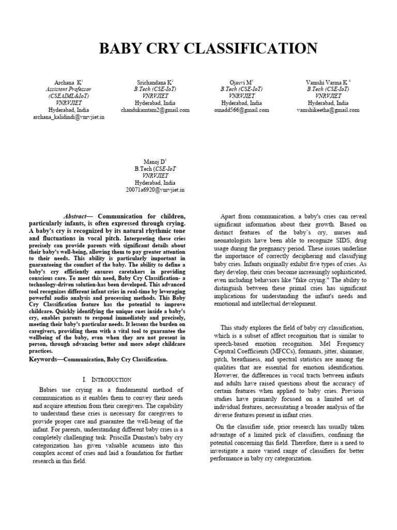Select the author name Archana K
(x=68, y=82)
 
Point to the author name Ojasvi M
(x=241, y=82)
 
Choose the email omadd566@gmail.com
(x=241, y=110)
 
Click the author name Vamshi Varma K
(x=328, y=82)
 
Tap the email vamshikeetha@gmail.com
(x=328, y=110)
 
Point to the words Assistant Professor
(x=68, y=89)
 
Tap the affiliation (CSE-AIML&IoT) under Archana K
(x=68, y=96)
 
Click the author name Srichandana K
(x=155, y=82)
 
